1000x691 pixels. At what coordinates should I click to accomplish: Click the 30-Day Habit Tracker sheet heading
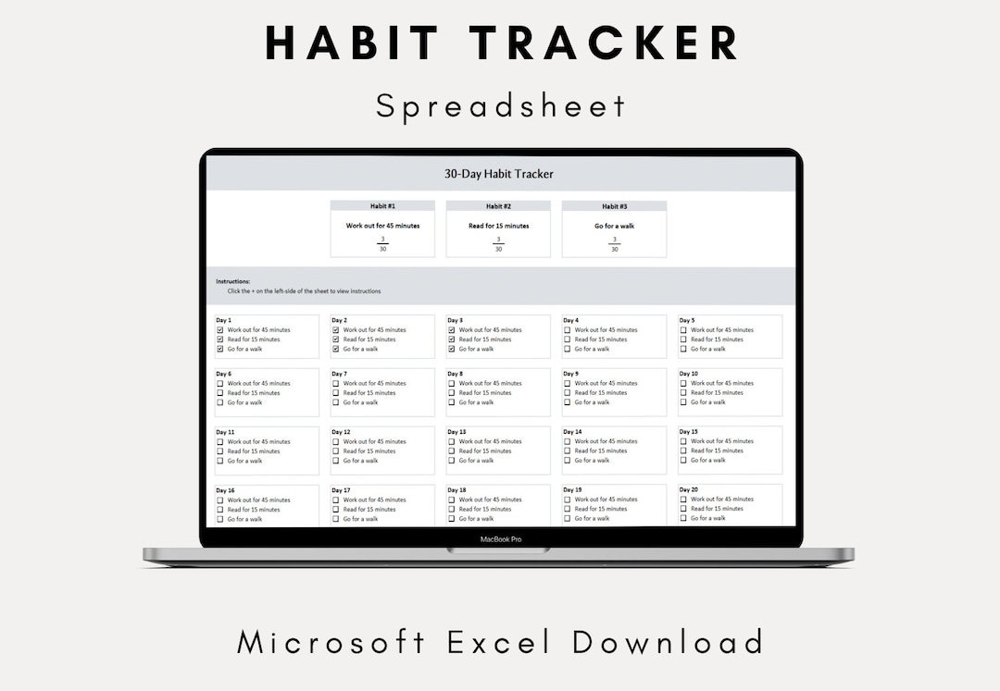coord(499,174)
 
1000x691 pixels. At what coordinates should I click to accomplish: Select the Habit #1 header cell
coord(382,206)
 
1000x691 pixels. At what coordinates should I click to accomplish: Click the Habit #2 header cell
coord(498,206)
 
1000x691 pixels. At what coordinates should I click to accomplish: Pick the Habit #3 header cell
coord(615,206)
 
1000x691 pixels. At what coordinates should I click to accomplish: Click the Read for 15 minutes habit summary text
coord(498,226)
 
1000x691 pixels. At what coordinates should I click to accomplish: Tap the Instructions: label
coord(233,281)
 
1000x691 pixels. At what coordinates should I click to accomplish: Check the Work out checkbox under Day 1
coord(220,330)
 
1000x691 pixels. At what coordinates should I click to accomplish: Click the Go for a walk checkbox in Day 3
coord(452,349)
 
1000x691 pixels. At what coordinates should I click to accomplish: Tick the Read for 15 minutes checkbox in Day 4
coord(568,339)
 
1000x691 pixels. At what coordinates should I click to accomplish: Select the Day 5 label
coord(687,320)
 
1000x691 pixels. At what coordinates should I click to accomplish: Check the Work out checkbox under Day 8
coord(452,383)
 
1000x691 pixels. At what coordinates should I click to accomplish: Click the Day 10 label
coord(689,374)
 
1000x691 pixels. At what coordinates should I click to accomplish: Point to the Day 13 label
coord(456,432)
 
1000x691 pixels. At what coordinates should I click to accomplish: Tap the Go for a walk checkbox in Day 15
coord(683,460)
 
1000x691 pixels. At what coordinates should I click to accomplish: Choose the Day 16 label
coord(225,490)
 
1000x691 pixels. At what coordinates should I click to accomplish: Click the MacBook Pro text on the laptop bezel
coord(500,539)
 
